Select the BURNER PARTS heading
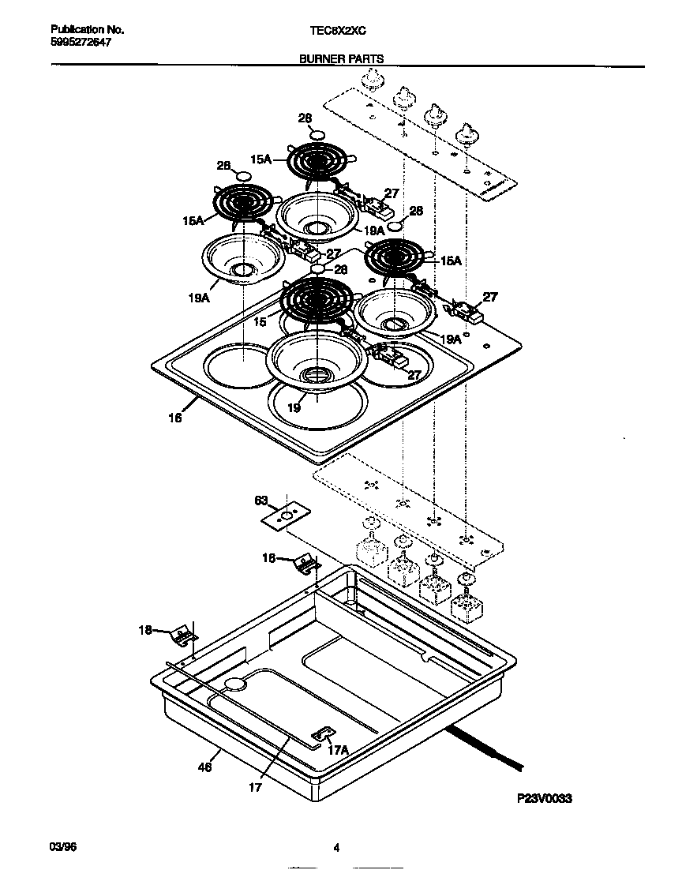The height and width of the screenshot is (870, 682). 341,58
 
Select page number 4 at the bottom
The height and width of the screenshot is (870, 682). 336,849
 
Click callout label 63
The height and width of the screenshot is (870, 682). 261,500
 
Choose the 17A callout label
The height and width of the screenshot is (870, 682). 338,750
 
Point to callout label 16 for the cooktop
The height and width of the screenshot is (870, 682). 174,418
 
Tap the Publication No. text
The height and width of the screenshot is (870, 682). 81,30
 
